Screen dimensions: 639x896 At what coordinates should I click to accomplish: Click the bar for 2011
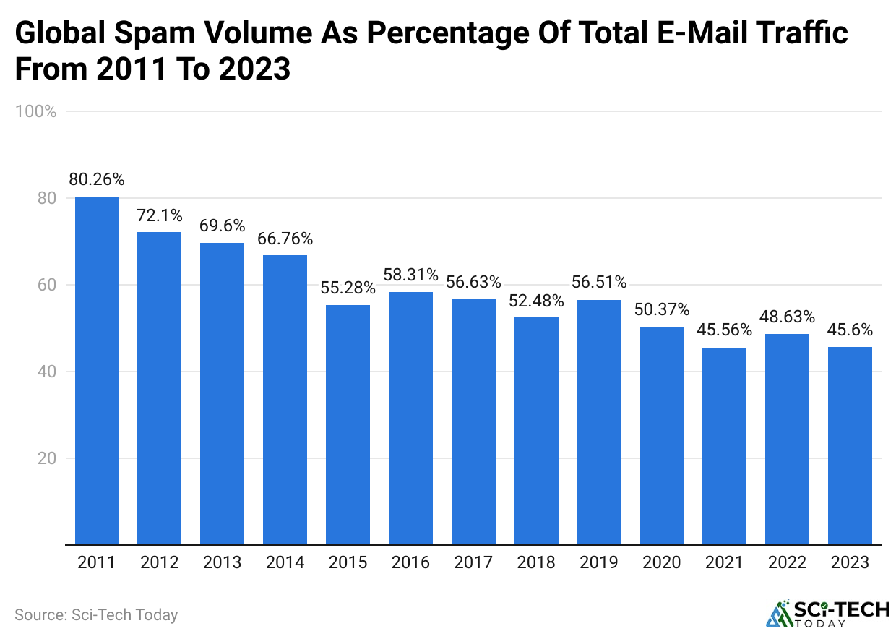[97, 370]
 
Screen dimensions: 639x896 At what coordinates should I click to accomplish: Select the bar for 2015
[348, 424]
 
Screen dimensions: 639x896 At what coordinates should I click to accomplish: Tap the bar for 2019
[599, 422]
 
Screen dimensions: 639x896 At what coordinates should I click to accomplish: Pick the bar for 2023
[850, 445]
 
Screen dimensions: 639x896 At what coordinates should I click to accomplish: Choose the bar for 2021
[724, 446]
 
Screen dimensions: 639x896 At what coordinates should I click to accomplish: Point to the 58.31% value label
[410, 275]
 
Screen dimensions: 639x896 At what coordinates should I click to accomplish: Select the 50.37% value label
[662, 309]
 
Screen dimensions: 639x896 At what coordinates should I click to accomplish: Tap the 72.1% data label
[160, 215]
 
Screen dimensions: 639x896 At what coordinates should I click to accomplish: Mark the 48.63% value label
[787, 317]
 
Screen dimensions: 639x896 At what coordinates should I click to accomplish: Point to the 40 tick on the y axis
[46, 372]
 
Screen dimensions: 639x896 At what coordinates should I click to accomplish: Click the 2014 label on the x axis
[285, 562]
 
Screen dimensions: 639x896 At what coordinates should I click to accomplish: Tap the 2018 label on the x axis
[535, 562]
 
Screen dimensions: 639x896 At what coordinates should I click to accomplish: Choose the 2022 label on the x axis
[787, 562]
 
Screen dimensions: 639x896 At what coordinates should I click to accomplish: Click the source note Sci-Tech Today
[96, 615]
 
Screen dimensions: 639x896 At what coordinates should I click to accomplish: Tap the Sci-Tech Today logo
[827, 614]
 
